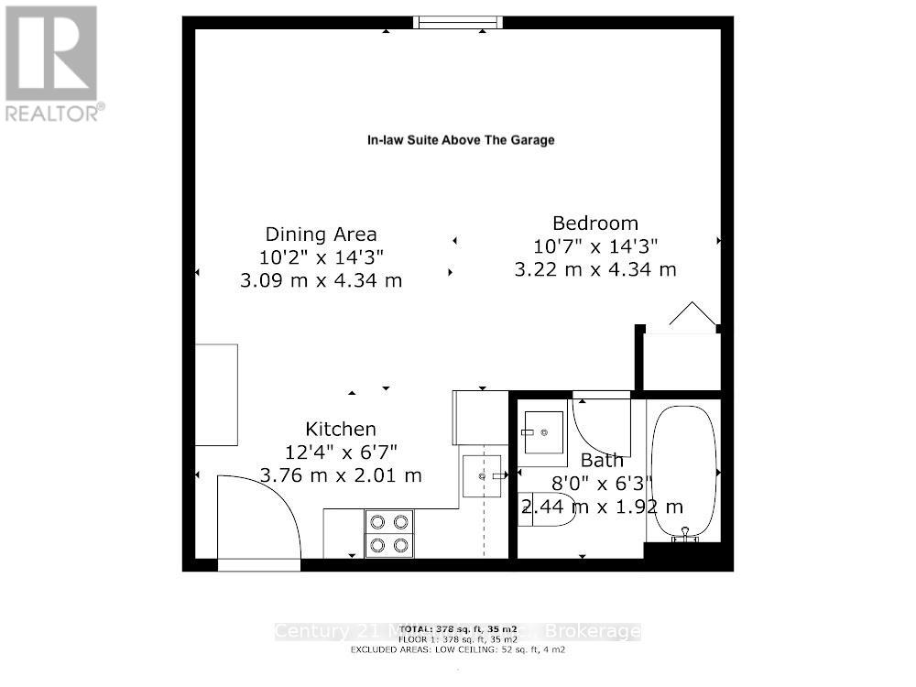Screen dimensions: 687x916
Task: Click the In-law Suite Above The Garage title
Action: (461, 140)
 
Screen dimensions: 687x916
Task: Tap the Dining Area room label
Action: (321, 234)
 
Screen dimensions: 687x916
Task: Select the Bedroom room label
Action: (594, 223)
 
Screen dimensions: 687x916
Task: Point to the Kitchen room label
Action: (341, 429)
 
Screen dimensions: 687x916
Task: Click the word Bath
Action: (602, 460)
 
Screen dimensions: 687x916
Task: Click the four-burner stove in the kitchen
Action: (388, 534)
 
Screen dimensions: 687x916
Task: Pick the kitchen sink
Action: (483, 475)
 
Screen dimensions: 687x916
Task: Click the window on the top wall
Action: (458, 22)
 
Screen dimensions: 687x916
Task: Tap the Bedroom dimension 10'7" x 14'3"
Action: (595, 245)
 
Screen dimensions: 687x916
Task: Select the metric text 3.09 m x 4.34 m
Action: (321, 280)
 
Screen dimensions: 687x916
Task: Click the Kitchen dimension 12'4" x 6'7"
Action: (341, 452)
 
